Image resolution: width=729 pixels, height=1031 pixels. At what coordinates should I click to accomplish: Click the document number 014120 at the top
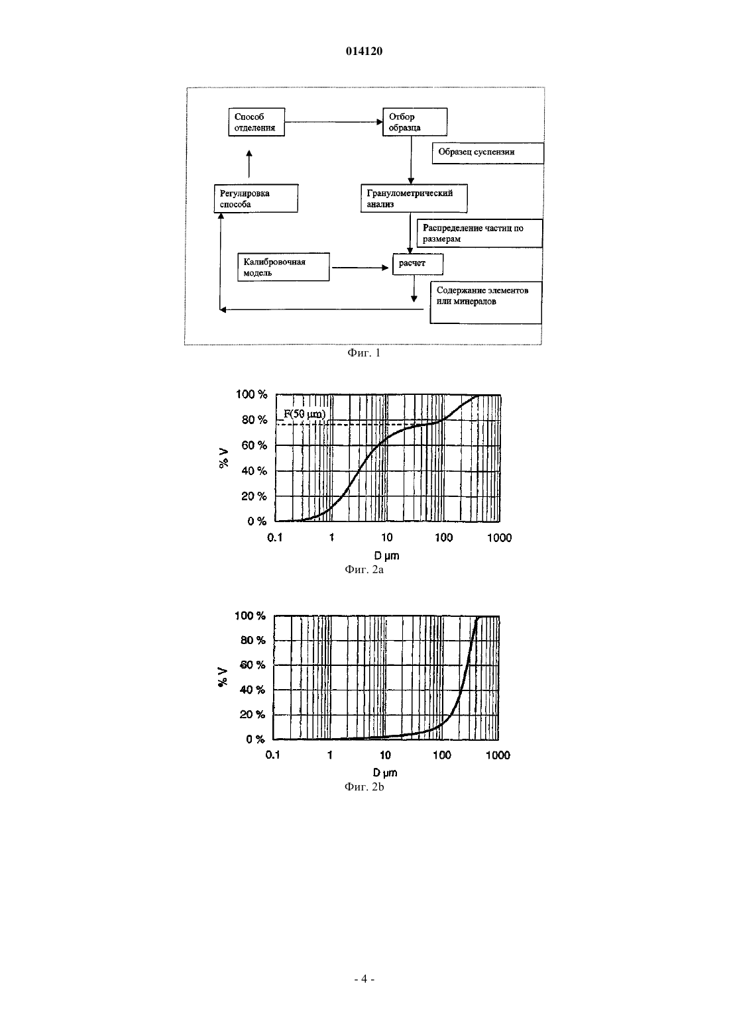coord(364,51)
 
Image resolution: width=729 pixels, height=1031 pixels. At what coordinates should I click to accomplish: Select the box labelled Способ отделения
coord(256,122)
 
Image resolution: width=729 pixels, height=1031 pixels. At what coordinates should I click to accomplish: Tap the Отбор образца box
coord(415,122)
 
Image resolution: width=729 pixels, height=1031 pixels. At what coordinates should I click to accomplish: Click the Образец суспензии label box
coord(488,153)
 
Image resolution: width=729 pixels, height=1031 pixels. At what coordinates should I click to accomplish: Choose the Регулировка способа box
coord(256,198)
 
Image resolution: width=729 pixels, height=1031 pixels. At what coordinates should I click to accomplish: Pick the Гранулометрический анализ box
coord(414,198)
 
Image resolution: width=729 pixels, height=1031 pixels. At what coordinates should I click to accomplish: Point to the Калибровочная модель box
coord(284,267)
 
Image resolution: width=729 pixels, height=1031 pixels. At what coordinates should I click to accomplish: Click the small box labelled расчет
coord(418,264)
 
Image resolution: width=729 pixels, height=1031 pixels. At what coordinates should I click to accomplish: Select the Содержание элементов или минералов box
coord(486,302)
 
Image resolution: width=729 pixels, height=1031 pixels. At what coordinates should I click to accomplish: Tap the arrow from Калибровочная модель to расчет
coord(361,268)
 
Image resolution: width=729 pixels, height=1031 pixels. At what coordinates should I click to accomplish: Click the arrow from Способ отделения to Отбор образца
coord(333,122)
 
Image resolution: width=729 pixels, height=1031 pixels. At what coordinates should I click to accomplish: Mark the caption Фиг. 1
coord(364,353)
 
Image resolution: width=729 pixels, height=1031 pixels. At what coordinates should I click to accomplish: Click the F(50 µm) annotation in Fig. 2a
coord(304,413)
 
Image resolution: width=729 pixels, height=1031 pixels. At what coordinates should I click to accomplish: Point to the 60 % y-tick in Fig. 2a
coord(254,445)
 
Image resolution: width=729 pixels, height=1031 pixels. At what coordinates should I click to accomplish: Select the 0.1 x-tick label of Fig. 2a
coord(275,537)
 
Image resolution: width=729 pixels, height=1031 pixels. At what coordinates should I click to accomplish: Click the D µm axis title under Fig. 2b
coord(385,773)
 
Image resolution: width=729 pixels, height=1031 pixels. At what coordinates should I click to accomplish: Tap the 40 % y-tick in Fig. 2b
coord(252,690)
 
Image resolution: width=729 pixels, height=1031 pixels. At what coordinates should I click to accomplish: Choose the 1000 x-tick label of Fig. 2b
coord(498,755)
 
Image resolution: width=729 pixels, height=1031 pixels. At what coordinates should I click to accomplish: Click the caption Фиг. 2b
coord(364,787)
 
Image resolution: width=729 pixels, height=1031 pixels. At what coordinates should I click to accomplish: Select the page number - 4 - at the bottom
coord(364,979)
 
